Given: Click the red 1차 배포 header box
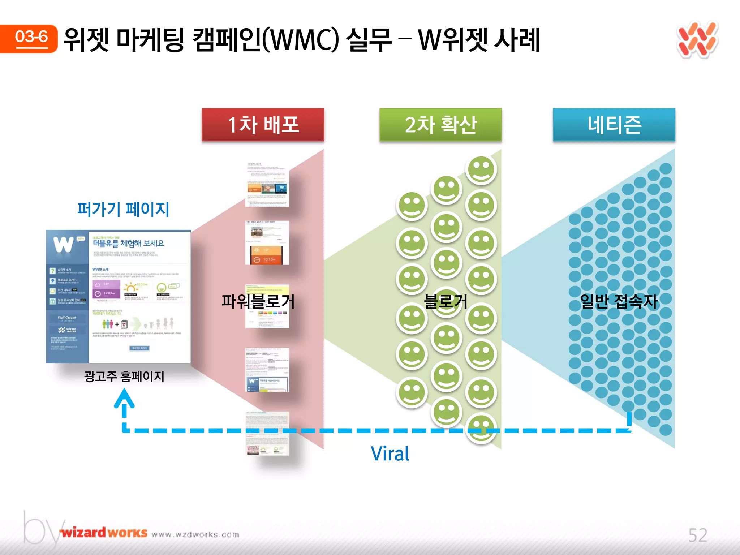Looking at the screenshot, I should click(263, 124).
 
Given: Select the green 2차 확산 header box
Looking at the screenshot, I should click(440, 124).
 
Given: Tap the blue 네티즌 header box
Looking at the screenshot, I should click(614, 124).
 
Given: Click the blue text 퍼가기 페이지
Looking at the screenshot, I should click(123, 209).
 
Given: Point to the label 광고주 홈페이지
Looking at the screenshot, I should click(124, 376).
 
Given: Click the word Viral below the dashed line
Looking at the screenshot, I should click(390, 454).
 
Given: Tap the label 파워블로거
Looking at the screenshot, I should click(258, 301).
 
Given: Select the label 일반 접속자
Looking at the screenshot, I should click(618, 301).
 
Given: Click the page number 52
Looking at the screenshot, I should click(697, 535).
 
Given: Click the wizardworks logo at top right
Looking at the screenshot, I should click(697, 40).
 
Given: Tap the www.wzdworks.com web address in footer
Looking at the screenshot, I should click(195, 534).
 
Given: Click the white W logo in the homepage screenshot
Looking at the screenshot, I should click(64, 245).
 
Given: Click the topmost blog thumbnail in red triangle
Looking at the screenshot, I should click(267, 185).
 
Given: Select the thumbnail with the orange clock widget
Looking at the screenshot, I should click(267, 243).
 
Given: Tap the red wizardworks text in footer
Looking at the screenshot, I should click(104, 533).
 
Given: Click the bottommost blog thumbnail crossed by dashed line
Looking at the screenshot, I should click(267, 434).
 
